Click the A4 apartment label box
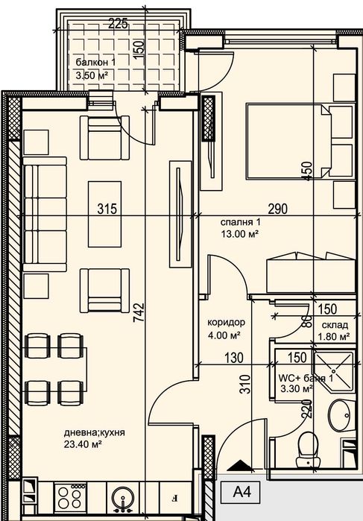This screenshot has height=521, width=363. point(242,492)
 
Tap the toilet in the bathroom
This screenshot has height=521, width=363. point(308,450)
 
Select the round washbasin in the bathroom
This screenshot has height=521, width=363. point(339,415)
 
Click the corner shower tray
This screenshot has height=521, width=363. point(333,372)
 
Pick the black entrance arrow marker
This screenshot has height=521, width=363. point(239,466)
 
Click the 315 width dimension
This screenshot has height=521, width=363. point(107,209)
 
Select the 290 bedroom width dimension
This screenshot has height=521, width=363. point(277,209)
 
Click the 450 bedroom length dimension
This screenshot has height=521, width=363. point(308,171)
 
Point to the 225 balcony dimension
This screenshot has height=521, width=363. point(119,24)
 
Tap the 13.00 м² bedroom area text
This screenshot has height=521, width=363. point(240,234)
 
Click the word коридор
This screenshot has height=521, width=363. point(227,322)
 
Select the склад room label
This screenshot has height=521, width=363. point(335,325)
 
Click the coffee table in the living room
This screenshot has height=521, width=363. point(104,214)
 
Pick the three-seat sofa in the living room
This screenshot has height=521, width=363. point(45,215)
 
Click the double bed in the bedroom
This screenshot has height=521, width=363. point(288,141)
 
